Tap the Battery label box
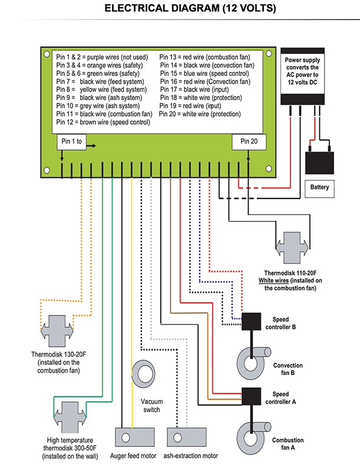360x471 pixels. [319, 188]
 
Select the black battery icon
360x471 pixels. [319, 161]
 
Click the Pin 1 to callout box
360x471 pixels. [71, 142]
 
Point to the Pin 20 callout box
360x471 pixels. [248, 142]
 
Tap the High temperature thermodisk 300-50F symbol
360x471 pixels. [70, 417]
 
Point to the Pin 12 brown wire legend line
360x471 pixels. [103, 122]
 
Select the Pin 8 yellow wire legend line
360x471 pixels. [98, 89]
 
